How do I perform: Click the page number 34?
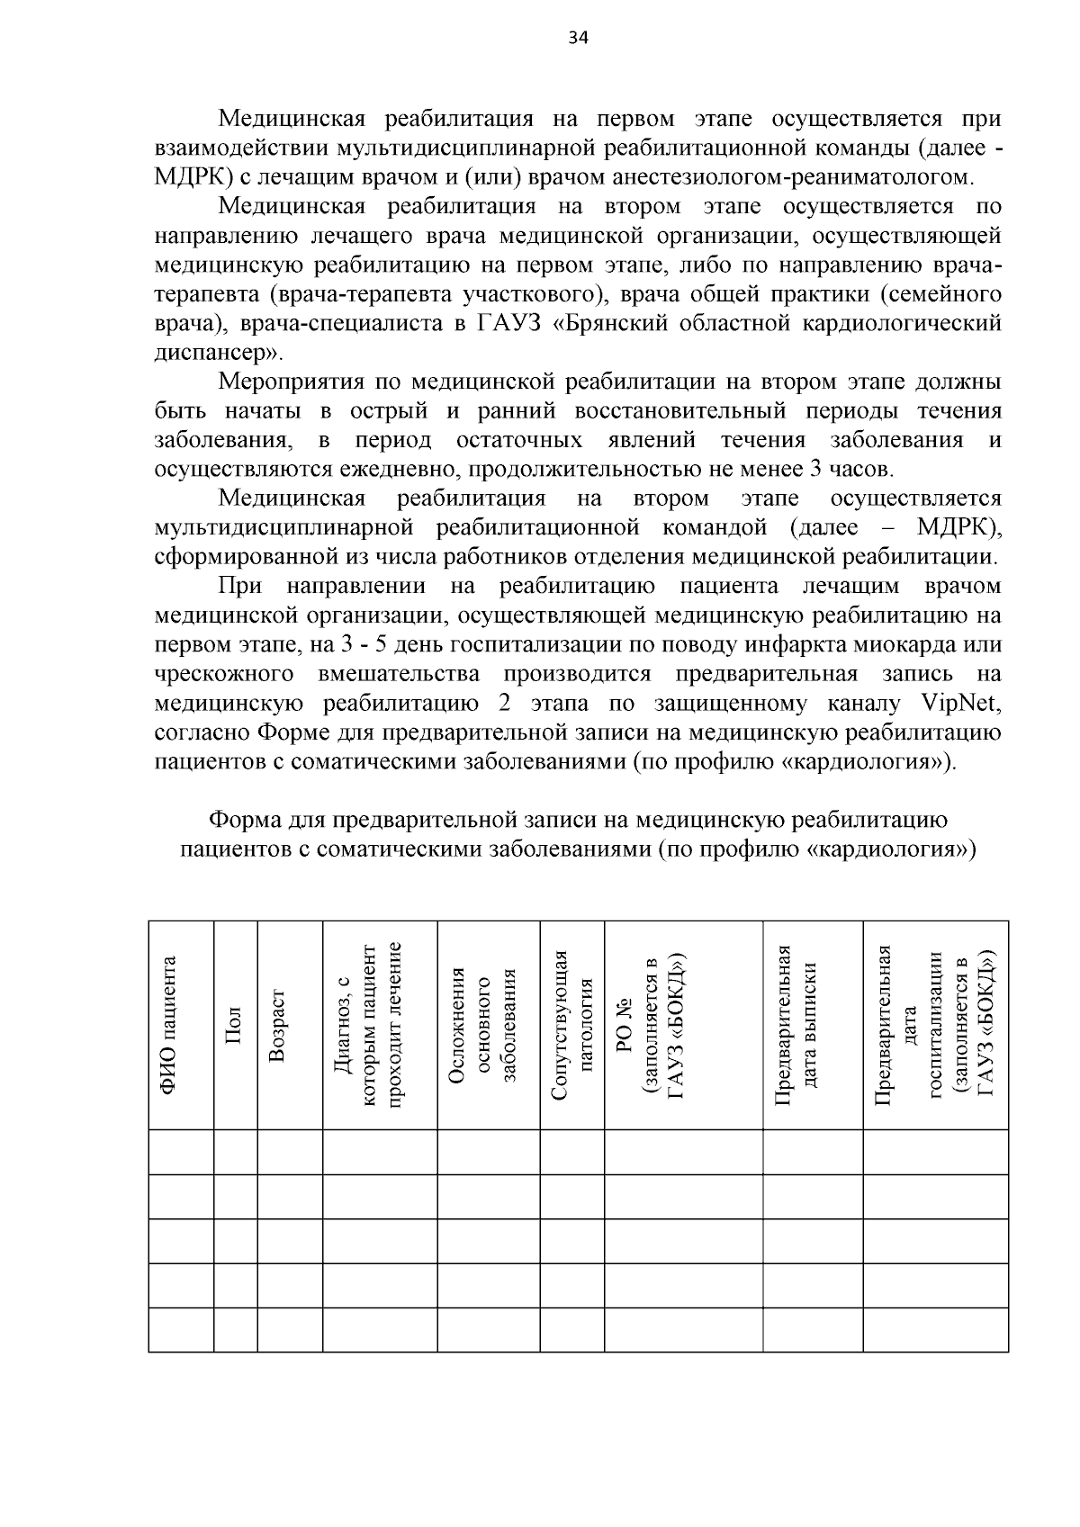578,38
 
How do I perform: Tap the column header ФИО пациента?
168,1025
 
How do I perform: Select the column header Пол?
235,1025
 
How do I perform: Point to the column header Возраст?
277,1025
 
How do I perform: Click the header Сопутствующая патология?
572,1025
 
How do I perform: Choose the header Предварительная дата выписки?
796,1025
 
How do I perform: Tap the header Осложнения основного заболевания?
483,1025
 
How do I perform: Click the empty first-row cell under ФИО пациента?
181,1152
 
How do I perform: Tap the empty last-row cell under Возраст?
290,1330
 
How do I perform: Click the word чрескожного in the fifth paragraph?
224,674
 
